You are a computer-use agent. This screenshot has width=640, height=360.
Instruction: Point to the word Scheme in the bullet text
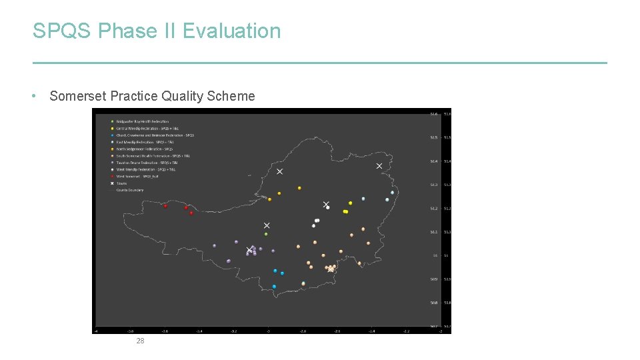click(231, 96)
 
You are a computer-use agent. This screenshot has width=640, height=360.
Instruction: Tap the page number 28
click(139, 341)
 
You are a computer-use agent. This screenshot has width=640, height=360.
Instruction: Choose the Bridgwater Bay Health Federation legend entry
click(142, 121)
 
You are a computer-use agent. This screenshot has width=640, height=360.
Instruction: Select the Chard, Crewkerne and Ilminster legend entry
click(155, 135)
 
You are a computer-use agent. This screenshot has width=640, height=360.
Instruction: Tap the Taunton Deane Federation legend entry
click(147, 163)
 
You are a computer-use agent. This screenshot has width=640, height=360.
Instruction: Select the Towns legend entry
click(121, 183)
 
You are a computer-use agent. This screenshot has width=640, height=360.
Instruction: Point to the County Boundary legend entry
click(130, 190)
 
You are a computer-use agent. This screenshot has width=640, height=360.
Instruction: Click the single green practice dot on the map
click(266, 234)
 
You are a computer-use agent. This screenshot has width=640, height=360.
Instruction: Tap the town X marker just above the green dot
click(267, 226)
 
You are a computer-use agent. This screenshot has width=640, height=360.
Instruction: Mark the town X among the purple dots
click(249, 251)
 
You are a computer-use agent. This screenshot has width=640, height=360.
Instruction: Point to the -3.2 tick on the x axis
click(233, 330)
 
